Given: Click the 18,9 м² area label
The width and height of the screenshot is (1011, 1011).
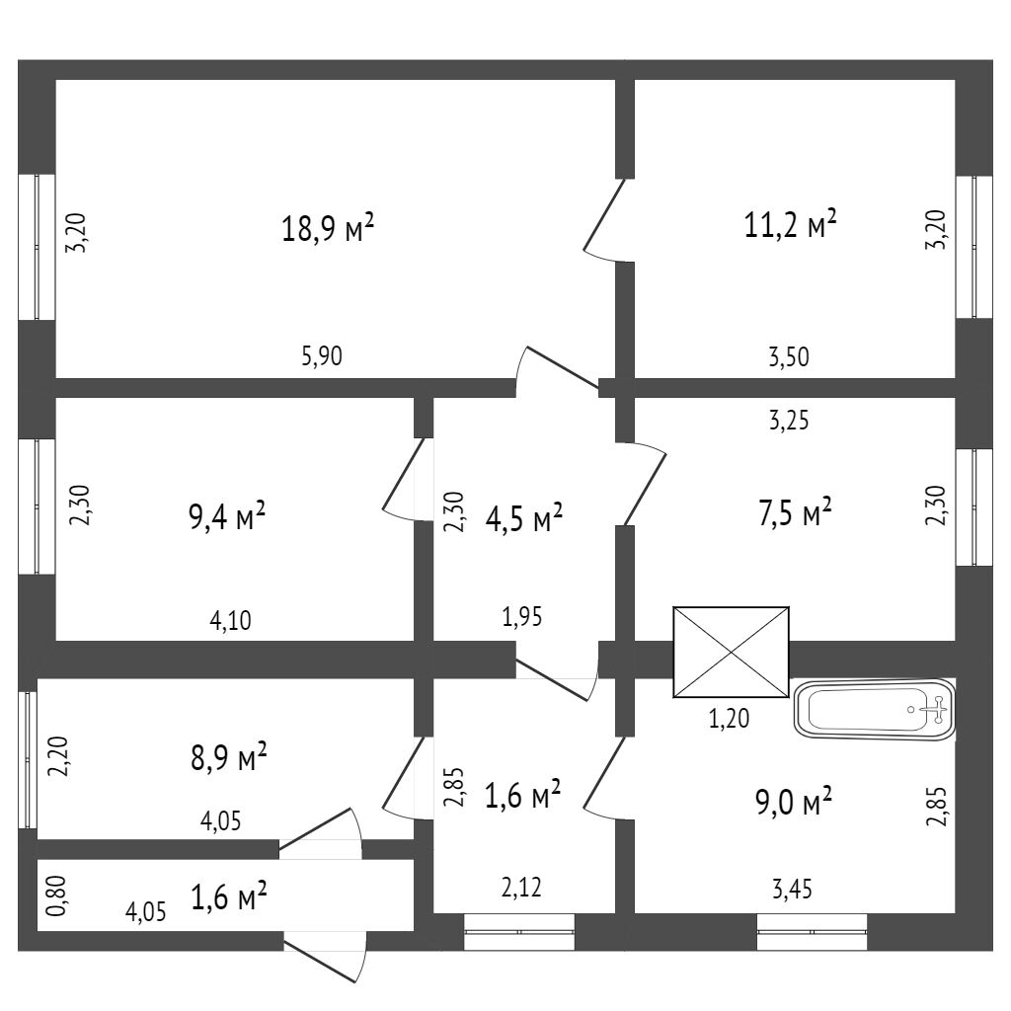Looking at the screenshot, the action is click(x=329, y=229).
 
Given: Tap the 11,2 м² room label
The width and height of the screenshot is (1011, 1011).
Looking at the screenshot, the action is click(x=790, y=225).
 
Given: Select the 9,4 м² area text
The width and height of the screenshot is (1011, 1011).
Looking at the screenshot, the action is click(x=228, y=515).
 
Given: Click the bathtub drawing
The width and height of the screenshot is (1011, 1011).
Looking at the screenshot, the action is click(x=875, y=710).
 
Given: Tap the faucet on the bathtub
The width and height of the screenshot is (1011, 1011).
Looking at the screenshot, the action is click(x=934, y=706).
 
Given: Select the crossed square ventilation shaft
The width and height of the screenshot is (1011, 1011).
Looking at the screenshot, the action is click(x=731, y=652).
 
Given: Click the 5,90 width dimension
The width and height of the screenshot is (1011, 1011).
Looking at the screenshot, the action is click(x=322, y=357).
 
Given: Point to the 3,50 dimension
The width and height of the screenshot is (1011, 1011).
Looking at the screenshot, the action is click(x=789, y=357).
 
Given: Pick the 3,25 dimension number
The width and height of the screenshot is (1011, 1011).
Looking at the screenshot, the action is click(x=789, y=422).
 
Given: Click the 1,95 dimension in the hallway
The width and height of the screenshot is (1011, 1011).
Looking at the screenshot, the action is click(x=523, y=619).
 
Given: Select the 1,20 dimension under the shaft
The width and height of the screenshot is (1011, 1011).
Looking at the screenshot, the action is click(x=730, y=719).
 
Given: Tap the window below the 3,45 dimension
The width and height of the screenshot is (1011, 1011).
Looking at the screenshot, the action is click(x=812, y=932).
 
